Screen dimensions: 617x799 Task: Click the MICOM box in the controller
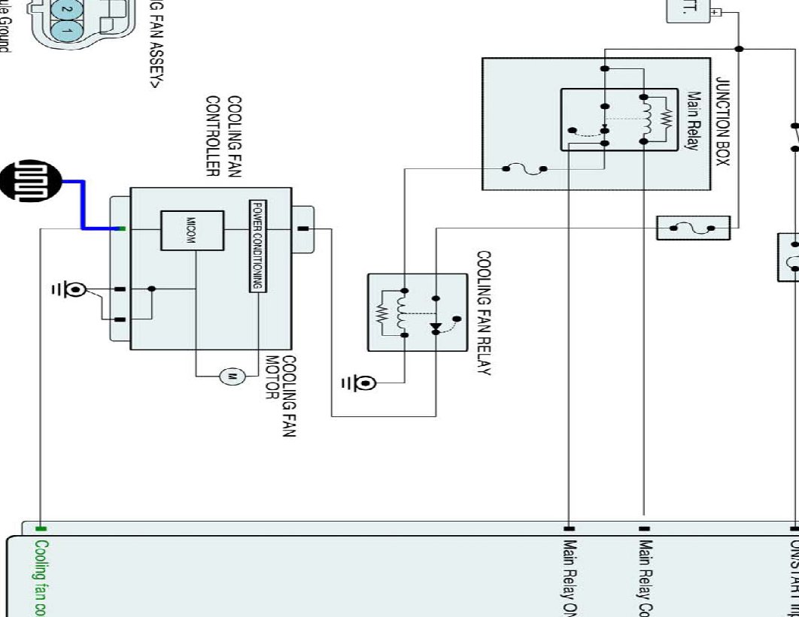point(192,231)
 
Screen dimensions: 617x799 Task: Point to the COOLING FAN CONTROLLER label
point(223,136)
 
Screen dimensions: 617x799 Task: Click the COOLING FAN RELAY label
point(484,313)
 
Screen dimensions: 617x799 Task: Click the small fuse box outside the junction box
point(693,228)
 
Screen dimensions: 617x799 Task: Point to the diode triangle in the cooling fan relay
point(435,328)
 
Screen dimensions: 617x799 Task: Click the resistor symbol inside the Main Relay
point(665,118)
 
